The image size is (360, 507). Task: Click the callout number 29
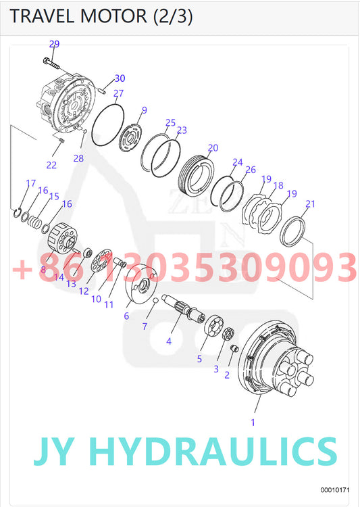[55, 44]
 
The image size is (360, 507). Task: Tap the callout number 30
[120, 78]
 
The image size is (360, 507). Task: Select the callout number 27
[118, 93]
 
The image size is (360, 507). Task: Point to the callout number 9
[144, 110]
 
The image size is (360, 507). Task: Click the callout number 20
[213, 147]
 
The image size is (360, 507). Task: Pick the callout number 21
[310, 203]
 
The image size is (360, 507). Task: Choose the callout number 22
[51, 165]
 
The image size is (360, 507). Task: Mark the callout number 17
[30, 183]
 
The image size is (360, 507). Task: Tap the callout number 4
[169, 342]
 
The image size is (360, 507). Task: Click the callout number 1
[253, 422]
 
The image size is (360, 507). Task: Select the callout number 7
[144, 327]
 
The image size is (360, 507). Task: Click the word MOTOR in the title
[111, 17]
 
